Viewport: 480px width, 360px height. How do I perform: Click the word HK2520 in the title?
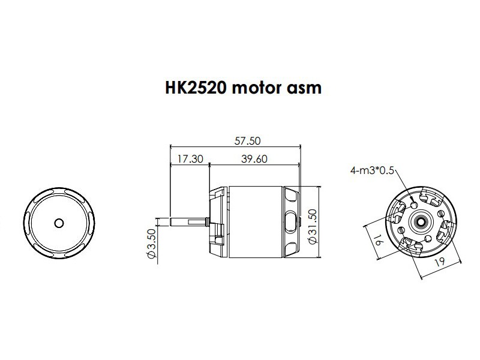point(196,88)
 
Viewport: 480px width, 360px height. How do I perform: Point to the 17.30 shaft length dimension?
point(189,159)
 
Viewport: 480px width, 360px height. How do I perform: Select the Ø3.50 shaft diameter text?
point(151,244)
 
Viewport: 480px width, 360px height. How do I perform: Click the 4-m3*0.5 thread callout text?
point(371,170)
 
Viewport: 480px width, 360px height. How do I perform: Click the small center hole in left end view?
point(58,222)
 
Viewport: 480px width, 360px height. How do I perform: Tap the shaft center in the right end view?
point(419,221)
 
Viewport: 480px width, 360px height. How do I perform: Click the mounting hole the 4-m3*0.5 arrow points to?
point(415,205)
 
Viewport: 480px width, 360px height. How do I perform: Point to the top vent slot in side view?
point(291,196)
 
